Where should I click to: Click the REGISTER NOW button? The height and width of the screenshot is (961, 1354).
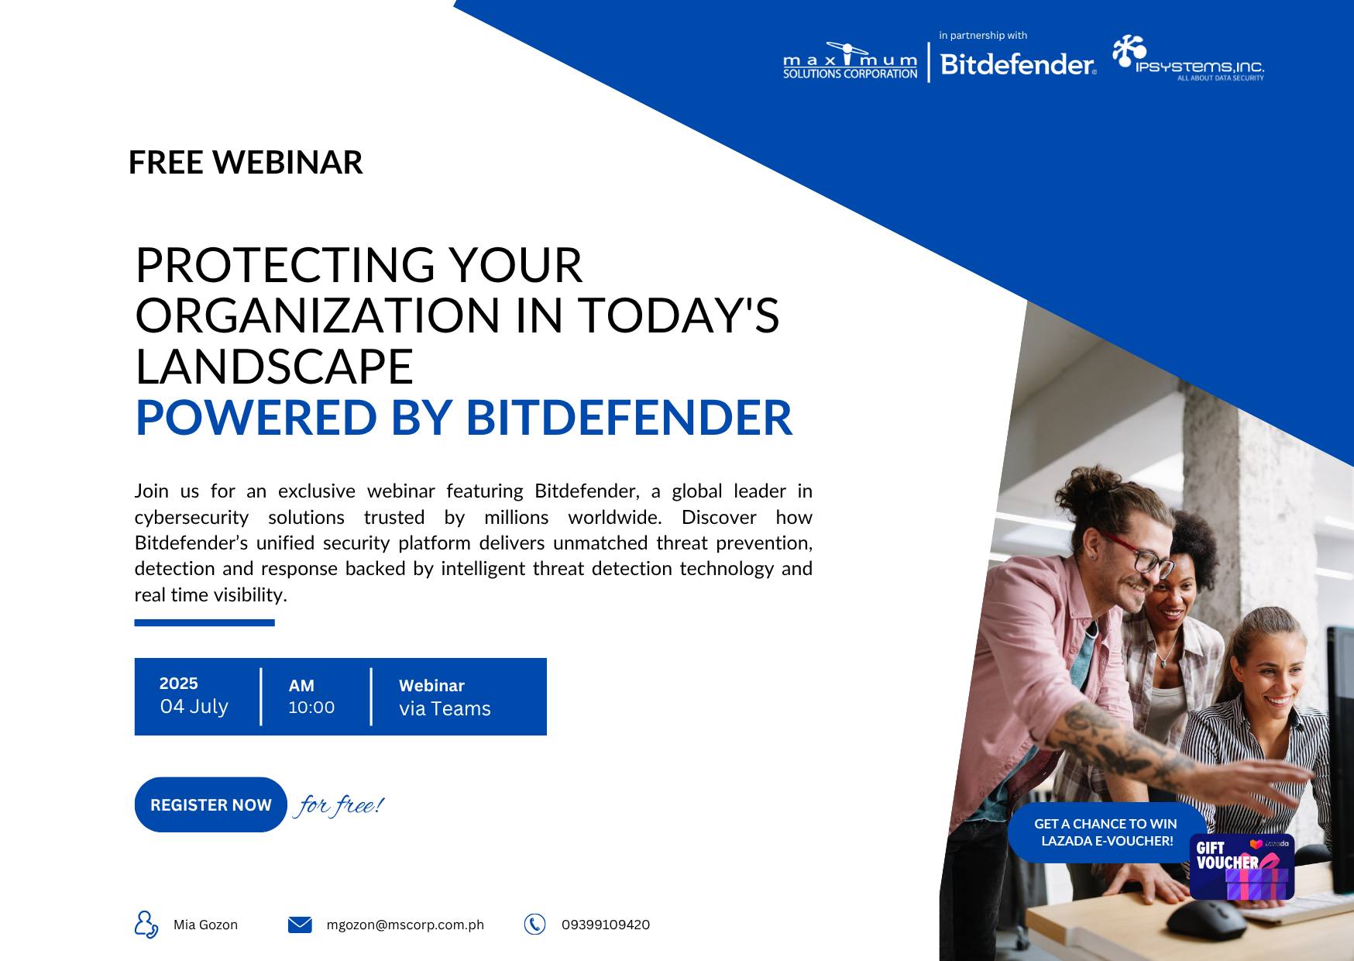point(211,804)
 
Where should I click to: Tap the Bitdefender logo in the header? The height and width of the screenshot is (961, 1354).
point(1018,64)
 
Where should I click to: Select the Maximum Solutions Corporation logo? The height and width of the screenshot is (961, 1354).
point(850,61)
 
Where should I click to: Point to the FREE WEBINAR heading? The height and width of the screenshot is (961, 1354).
point(246,163)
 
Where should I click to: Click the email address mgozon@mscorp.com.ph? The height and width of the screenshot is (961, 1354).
point(405,925)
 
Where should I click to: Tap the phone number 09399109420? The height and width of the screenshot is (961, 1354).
point(606,925)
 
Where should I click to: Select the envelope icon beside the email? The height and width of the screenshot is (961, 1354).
point(300,925)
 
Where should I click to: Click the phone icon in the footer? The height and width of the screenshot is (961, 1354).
point(534,924)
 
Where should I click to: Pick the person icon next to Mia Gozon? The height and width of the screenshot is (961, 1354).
point(146,925)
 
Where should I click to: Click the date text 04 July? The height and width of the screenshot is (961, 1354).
point(194,707)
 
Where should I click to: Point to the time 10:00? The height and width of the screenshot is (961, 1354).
point(311,708)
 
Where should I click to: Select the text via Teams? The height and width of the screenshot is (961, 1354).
point(445,709)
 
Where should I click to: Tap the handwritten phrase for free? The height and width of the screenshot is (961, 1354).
point(339,805)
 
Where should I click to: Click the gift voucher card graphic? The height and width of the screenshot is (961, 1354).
point(1242,867)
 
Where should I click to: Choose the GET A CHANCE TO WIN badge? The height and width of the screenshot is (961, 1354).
point(1106,832)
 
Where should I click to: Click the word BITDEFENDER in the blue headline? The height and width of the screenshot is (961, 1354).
point(629,418)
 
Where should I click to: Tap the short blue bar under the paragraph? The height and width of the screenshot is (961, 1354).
point(204,622)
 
